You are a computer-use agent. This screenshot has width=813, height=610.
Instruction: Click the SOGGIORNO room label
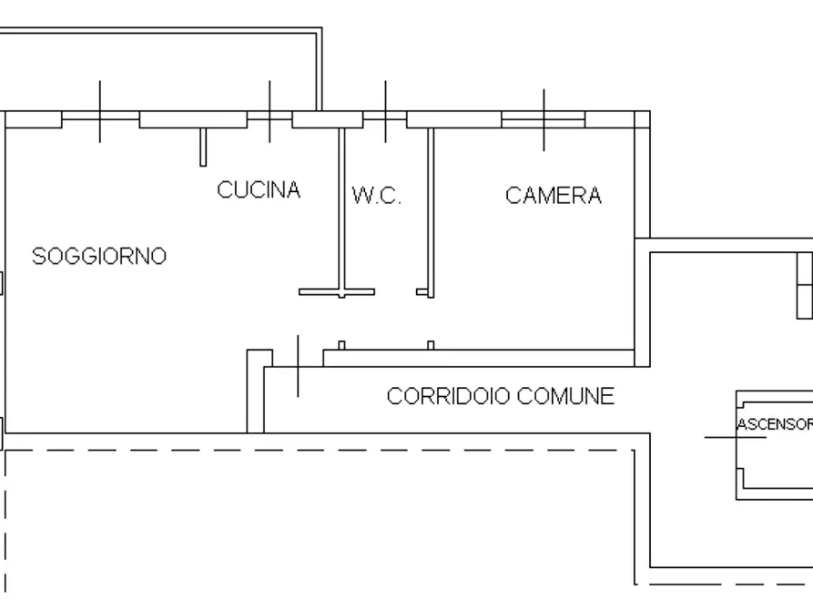[x=99, y=256]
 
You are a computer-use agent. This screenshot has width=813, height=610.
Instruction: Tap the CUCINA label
[x=259, y=190]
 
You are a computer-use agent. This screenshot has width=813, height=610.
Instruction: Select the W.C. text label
[x=376, y=197]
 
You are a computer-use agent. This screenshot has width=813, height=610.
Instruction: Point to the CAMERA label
[x=554, y=195]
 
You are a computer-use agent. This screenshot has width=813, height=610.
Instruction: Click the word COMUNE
[x=565, y=396]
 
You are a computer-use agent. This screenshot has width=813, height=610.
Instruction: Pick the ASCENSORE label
[x=774, y=424]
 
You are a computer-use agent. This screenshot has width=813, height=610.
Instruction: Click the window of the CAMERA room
[x=544, y=119]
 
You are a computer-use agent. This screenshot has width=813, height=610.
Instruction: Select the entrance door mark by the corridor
[x=298, y=366]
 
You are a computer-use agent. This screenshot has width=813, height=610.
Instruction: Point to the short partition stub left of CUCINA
[x=202, y=147]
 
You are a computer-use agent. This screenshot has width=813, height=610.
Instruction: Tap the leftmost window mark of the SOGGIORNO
[x=100, y=112]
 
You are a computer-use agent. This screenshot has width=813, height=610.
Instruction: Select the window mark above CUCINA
[x=269, y=112]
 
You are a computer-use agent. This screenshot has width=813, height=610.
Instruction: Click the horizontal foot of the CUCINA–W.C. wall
[x=337, y=292]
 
